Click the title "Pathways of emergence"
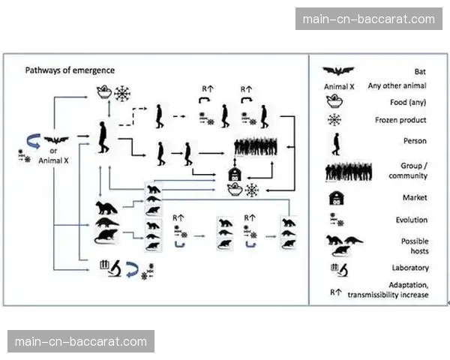[x=70, y=70]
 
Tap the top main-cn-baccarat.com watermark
[x=368, y=19]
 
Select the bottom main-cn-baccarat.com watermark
[x=81, y=341]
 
